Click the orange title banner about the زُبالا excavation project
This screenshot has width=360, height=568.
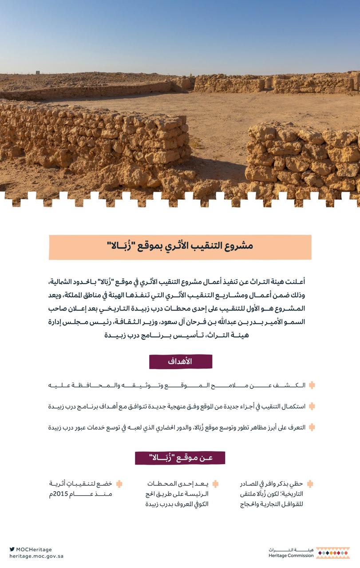pos(180,247)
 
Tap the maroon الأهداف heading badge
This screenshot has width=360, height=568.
pos(180,362)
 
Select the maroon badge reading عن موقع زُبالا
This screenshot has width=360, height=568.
pos(180,458)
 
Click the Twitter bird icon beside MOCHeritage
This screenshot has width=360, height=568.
pos(12,549)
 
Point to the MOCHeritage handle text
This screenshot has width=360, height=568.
pos(34,549)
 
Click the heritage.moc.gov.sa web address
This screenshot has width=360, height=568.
pos(36,556)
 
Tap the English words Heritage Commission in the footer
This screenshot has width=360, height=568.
pos(291,556)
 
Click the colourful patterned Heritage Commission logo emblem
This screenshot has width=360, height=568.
pos(332,552)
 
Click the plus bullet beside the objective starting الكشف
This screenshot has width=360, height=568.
pos(312,385)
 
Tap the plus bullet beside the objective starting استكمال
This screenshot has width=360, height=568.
pos(312,406)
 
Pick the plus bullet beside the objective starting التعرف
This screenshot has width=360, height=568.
pos(312,427)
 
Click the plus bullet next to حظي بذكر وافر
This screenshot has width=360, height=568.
pos(310,484)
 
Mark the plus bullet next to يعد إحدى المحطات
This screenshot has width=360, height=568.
pos(215,484)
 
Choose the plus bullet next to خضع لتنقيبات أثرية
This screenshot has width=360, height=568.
pos(119,484)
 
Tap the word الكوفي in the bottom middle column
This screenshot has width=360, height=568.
pos(199,504)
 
